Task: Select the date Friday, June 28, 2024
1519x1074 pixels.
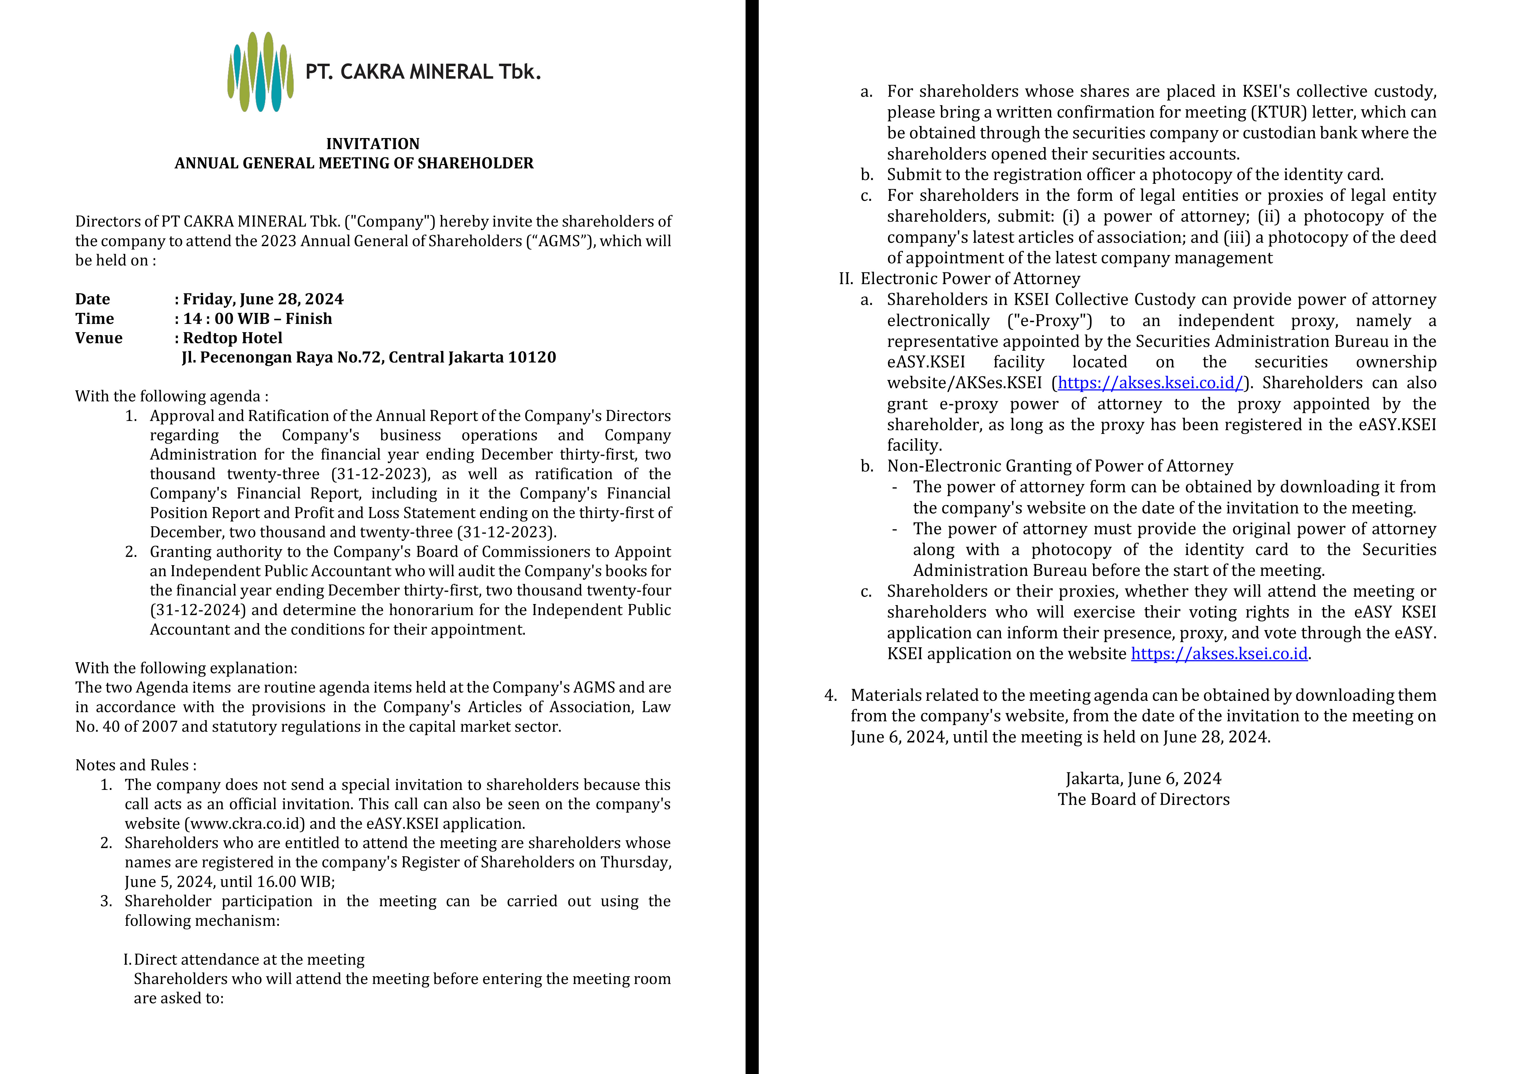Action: [x=263, y=299]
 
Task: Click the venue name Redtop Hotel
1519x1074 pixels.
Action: [x=232, y=338]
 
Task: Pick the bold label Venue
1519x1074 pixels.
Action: [x=99, y=338]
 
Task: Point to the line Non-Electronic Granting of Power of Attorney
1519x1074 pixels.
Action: [x=1060, y=466]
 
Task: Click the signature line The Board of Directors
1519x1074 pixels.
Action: [x=1143, y=800]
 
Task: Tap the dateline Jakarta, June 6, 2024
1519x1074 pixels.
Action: [x=1143, y=779]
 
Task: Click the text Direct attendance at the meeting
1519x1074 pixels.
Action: [x=249, y=959]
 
